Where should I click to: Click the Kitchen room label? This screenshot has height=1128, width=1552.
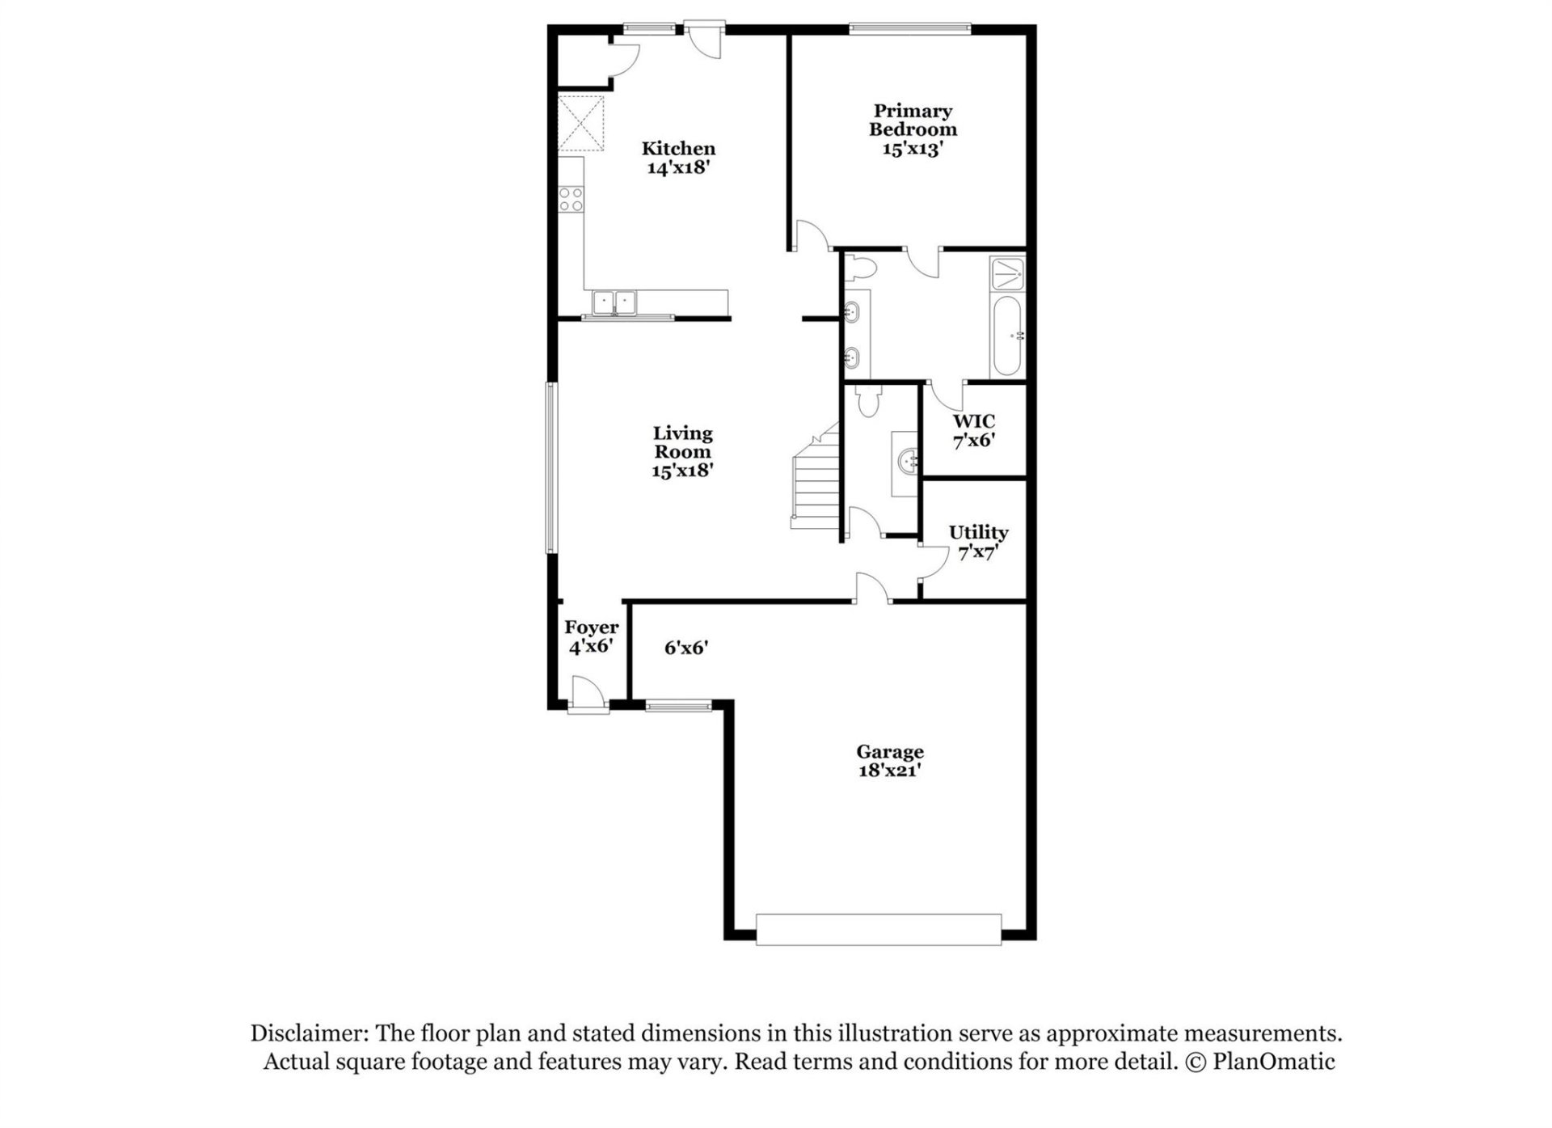(x=678, y=158)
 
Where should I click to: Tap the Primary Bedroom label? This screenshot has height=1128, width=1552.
(x=913, y=129)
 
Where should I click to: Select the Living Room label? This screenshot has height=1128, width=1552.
(x=683, y=451)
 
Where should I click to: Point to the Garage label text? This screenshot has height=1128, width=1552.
(x=890, y=760)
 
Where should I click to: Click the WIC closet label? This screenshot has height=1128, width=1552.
(x=973, y=430)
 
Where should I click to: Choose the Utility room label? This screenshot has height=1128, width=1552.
(x=978, y=542)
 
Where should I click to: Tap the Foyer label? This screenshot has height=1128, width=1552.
(x=591, y=636)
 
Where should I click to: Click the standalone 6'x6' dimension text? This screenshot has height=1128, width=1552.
(x=686, y=647)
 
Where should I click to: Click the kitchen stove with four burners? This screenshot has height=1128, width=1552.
(x=571, y=199)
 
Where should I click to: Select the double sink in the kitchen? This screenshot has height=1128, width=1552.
(x=614, y=302)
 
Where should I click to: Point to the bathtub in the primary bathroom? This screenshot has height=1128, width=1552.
(x=1007, y=336)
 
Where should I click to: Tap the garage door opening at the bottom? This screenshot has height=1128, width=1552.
(x=879, y=929)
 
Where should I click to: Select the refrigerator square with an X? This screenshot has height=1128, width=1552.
(x=581, y=124)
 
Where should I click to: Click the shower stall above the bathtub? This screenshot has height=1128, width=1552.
(x=1008, y=275)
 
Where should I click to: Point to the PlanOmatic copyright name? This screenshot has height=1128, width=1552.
(x=1273, y=1062)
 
